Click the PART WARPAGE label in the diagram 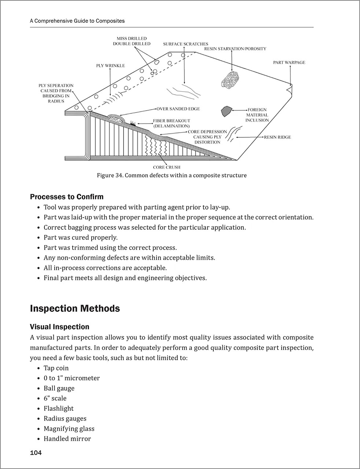point(289,63)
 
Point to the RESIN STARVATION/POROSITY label point(235,49)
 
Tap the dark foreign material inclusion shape point(226,111)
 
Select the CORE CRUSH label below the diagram point(167,167)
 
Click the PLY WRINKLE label point(110,66)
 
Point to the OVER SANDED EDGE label point(178,109)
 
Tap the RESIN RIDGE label point(278,137)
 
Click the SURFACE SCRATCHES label point(185,44)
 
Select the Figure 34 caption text point(172,176)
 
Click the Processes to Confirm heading point(67,197)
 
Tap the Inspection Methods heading point(75,309)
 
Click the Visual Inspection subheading point(59,327)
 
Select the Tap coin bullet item point(56,368)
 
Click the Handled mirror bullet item point(67,439)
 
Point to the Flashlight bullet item point(59,409)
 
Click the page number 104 point(36,453)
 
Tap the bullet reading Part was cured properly point(81,237)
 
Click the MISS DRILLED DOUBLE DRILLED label point(132,41)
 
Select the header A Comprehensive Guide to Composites point(77,21)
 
